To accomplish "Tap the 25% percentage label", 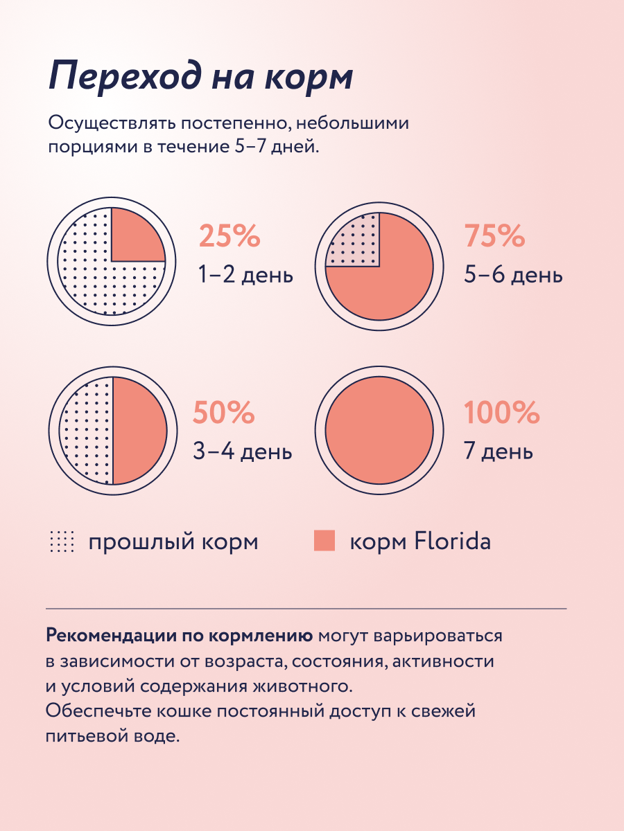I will coord(229,237).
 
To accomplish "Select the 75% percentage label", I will coord(494,237).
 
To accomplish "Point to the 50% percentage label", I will coord(224,413).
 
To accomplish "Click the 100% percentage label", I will coord(501,413).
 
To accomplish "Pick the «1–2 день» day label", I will coord(245,276).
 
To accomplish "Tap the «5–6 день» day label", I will coord(513,276).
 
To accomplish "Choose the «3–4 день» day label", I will coord(242,452).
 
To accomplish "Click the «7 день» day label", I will coord(498,452).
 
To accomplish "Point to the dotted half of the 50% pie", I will coord(87,431).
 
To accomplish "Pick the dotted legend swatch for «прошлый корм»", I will coord(62,542).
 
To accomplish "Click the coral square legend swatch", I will coord(324,541).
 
